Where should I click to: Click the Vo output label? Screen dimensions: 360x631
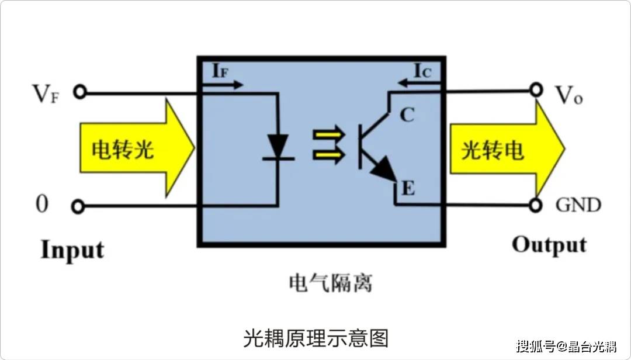coord(568,95)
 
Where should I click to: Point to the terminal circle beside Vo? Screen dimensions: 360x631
coord(536,90)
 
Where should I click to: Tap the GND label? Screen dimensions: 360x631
coord(578,205)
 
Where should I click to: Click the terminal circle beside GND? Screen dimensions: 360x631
coord(536,205)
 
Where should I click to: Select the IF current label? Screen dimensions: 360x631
coord(220,71)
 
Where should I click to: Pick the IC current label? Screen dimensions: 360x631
coord(422,71)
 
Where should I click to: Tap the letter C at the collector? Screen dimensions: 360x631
coord(407,115)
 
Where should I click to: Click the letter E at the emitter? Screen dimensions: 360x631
coord(407,189)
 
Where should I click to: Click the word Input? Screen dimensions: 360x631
coord(72,250)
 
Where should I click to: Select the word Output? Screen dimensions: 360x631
coord(549,245)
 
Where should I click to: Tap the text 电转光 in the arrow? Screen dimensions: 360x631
coord(123,150)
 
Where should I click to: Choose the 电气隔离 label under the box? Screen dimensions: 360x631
coord(331,283)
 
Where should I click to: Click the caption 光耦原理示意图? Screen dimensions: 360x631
coord(315,338)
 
